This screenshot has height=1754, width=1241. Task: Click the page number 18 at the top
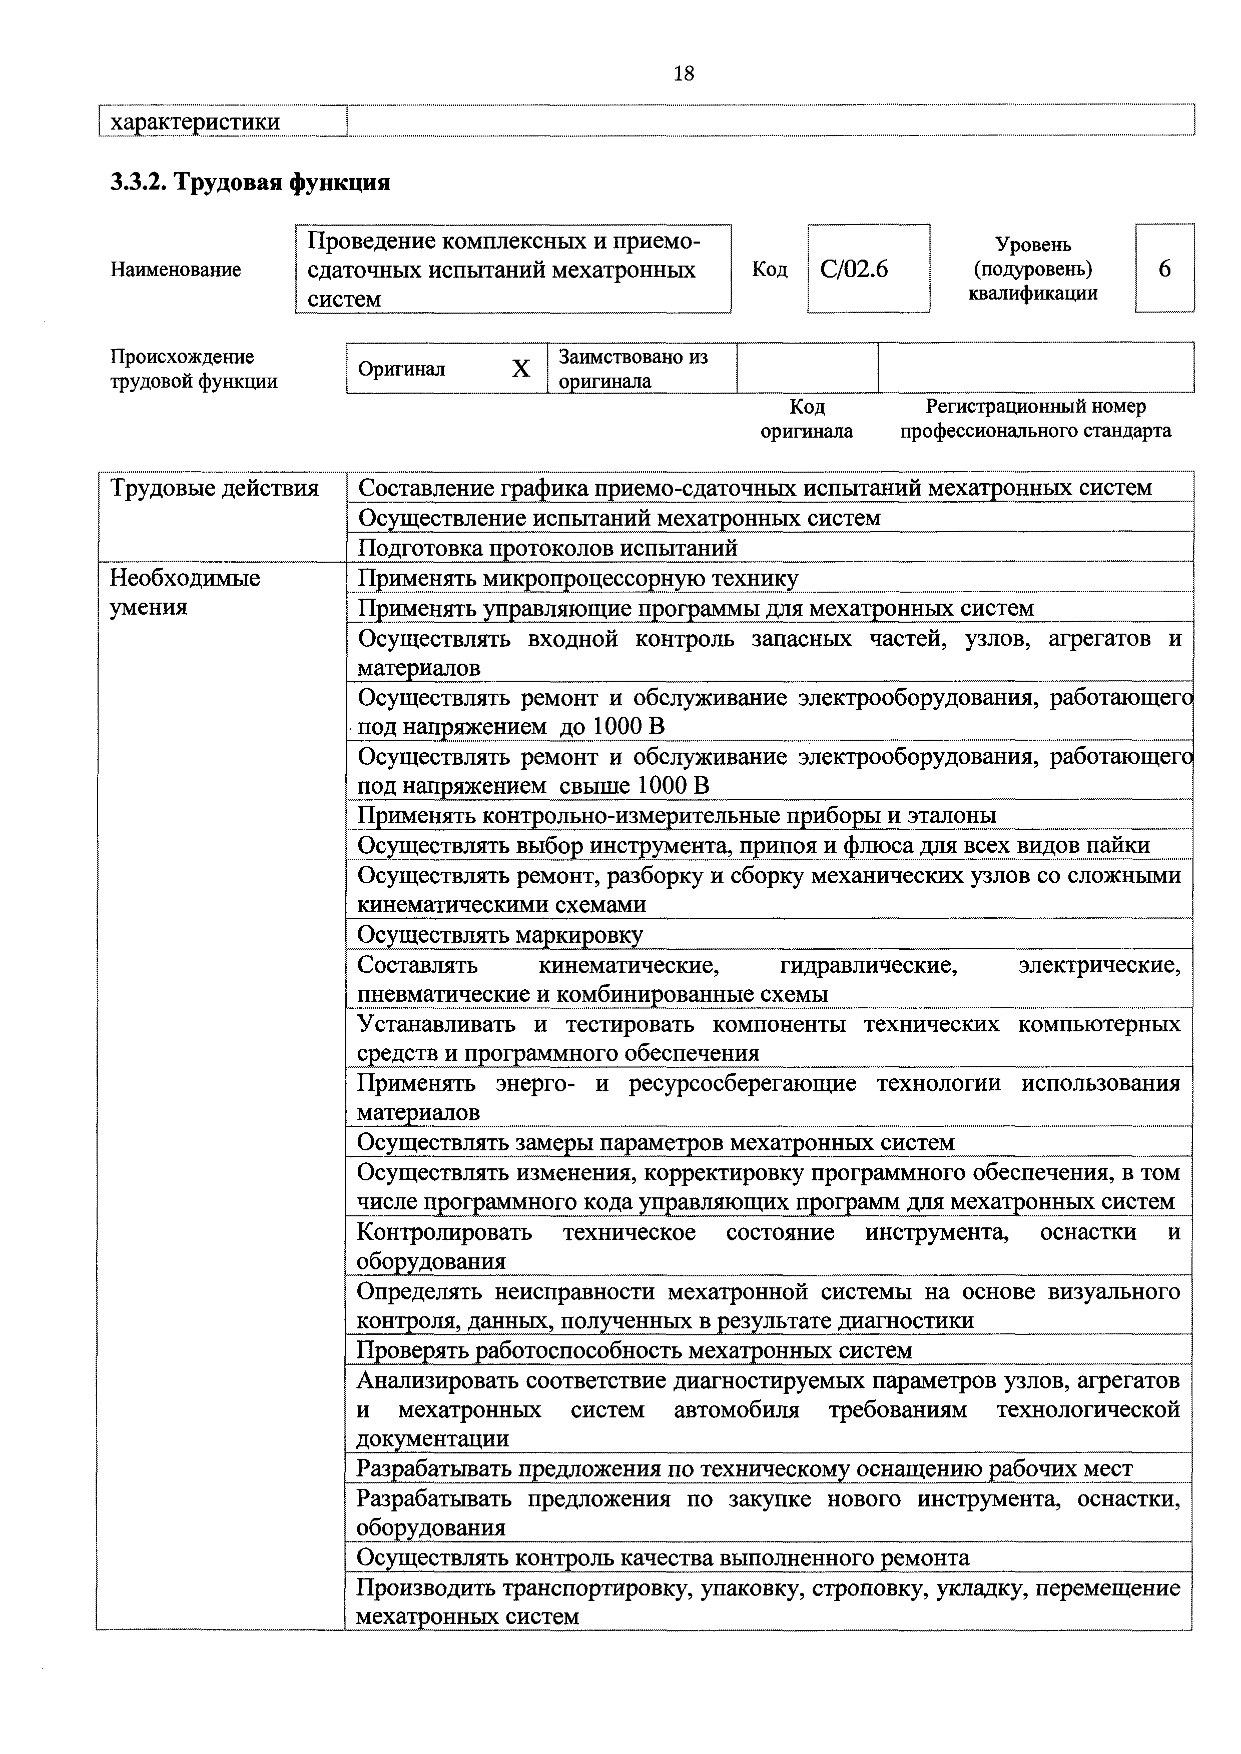point(684,74)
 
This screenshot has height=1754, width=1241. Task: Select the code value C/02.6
point(854,269)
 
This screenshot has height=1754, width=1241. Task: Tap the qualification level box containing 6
point(1164,268)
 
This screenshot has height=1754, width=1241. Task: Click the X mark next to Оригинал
point(520,369)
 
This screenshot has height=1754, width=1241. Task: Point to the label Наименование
point(176,269)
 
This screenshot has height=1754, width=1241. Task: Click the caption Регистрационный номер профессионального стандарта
point(1035,418)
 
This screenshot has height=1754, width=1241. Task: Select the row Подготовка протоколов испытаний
point(548,548)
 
